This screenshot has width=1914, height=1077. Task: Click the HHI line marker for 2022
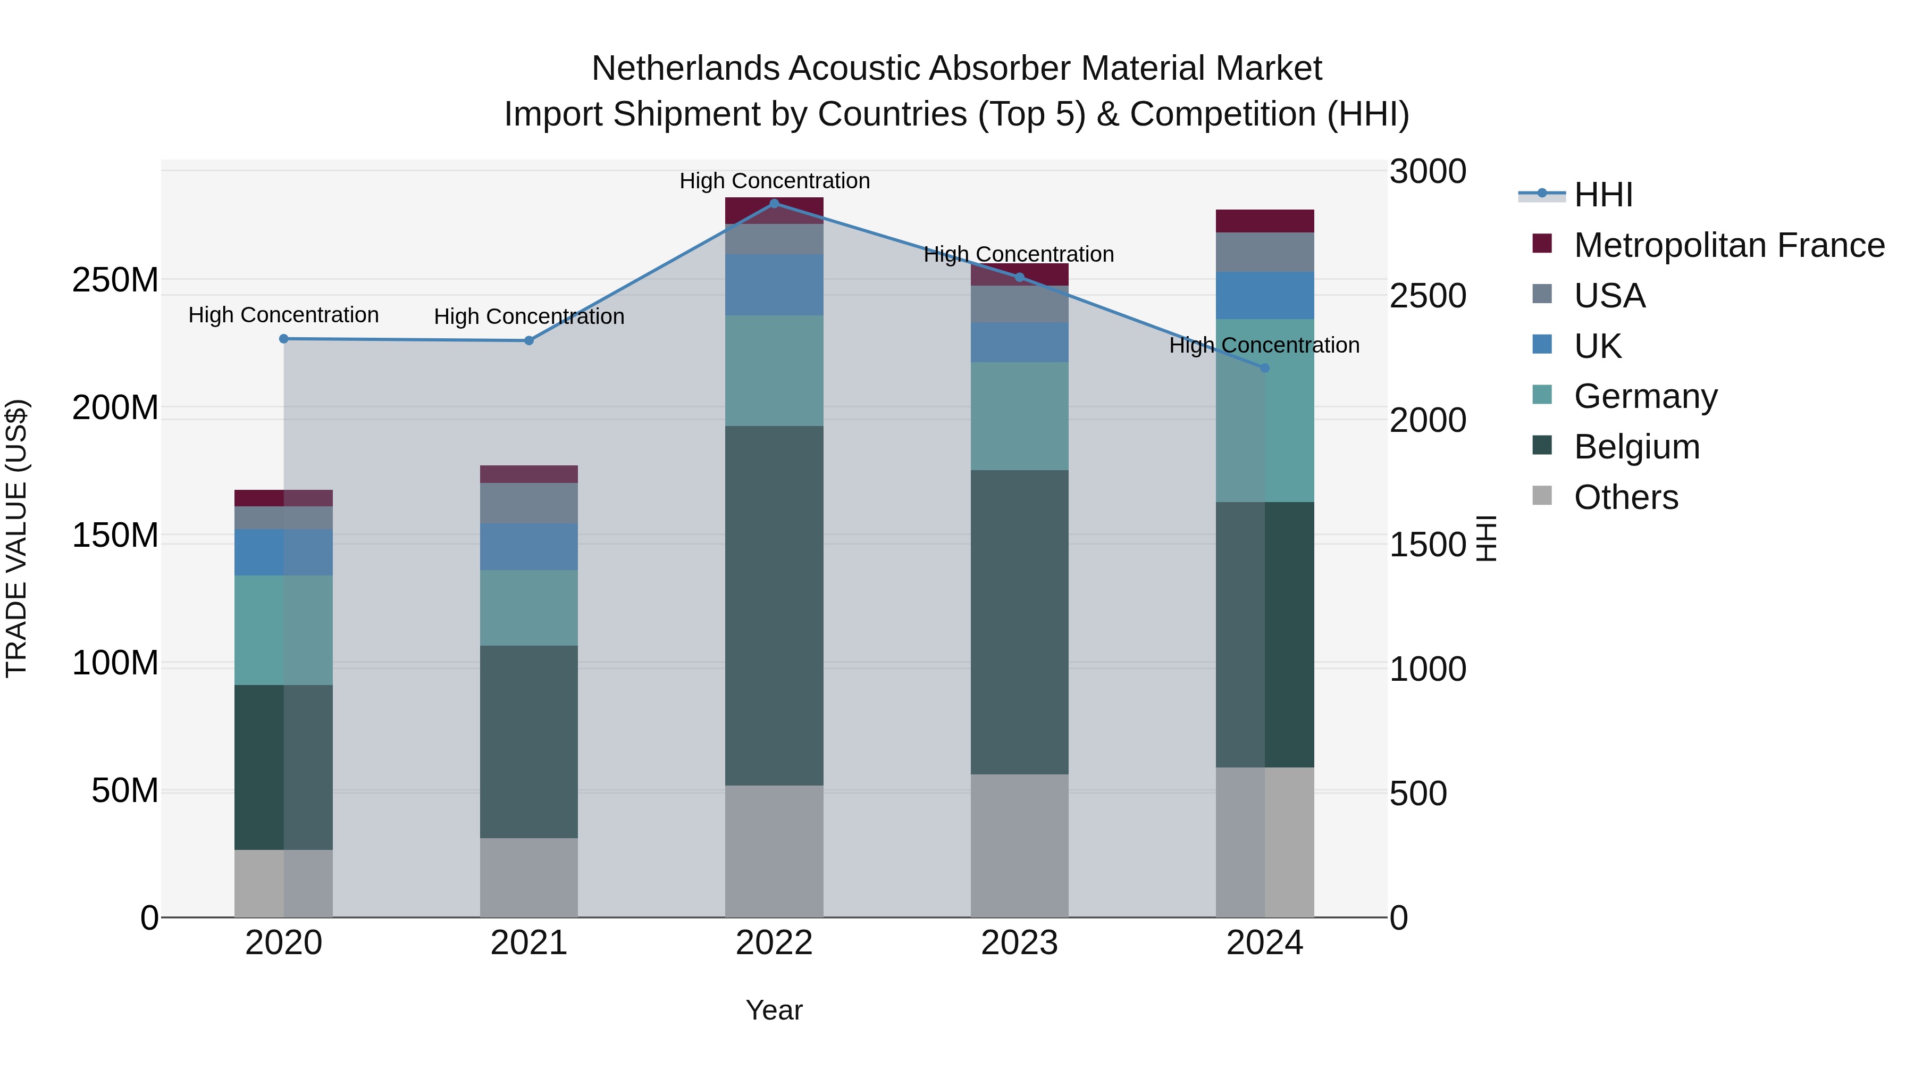pos(774,204)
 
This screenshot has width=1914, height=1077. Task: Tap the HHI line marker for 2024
pos(1265,368)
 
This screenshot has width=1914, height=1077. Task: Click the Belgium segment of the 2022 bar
pos(774,605)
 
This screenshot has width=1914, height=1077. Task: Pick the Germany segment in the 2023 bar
pos(1019,416)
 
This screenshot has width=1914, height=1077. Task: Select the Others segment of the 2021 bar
pos(528,877)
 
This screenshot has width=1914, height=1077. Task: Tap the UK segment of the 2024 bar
pos(1265,295)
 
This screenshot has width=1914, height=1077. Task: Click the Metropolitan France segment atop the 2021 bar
pos(528,474)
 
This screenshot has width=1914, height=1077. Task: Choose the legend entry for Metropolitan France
pos(1728,245)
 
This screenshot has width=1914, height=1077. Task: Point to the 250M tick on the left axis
pos(115,280)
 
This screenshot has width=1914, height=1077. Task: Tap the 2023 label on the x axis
pos(1019,943)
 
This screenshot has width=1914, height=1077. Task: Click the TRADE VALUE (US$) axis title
pos(17,538)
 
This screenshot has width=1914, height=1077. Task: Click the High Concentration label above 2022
pos(774,181)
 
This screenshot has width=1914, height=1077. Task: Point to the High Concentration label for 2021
pos(528,316)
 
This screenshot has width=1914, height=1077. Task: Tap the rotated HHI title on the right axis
pos(1485,538)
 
